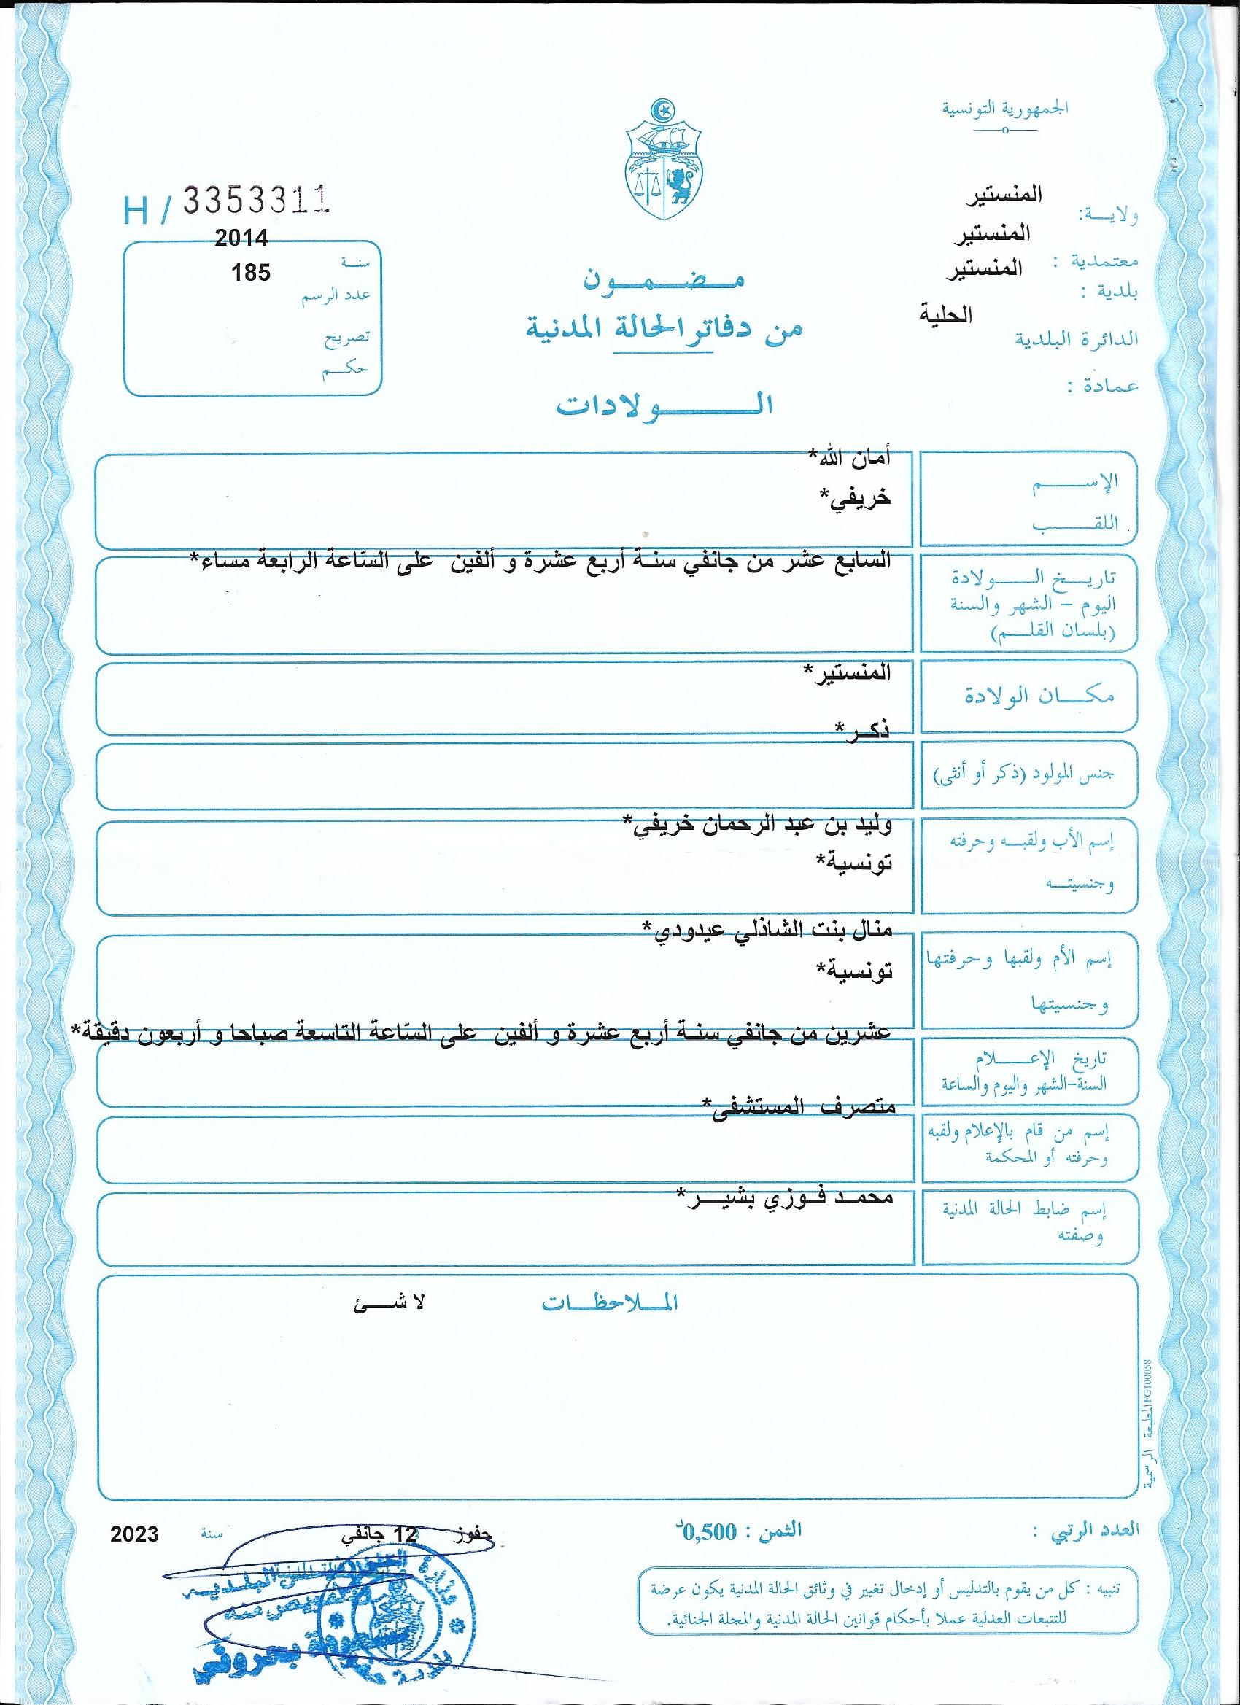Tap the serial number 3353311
coord(257,201)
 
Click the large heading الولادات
coord(664,405)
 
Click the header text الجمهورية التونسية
coord(1007,107)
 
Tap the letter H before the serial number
coord(137,213)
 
